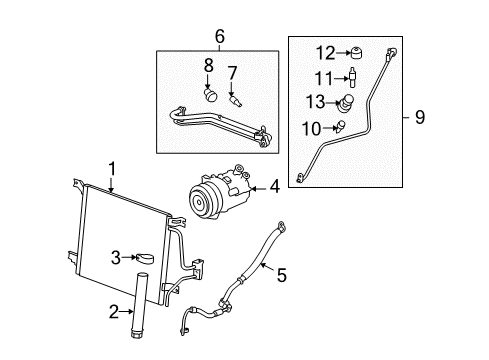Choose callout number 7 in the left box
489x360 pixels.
click(x=232, y=72)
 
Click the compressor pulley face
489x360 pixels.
click(x=196, y=203)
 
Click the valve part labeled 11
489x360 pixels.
click(x=352, y=77)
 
